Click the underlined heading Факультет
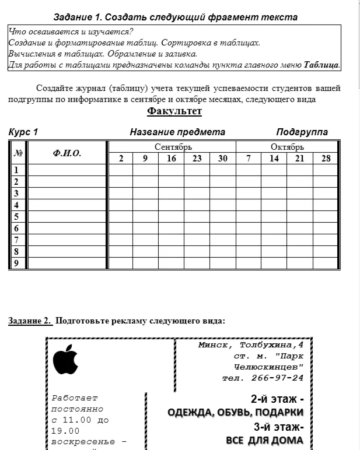pos(174,111)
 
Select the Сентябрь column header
pos(173,146)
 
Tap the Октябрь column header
pos(287,146)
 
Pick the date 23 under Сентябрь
pos(197,159)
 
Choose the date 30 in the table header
pos(223,159)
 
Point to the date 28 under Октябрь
pos(326,159)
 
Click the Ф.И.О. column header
pos(67,153)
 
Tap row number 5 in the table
pos(16,217)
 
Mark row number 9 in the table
pos(16,263)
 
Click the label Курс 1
pos(23,132)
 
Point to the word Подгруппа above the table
pos(302,132)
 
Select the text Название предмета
pos(177,132)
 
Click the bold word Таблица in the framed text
pos(321,65)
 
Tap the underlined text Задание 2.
pos(30,321)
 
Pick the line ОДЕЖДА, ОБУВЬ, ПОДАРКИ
pos(235,413)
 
